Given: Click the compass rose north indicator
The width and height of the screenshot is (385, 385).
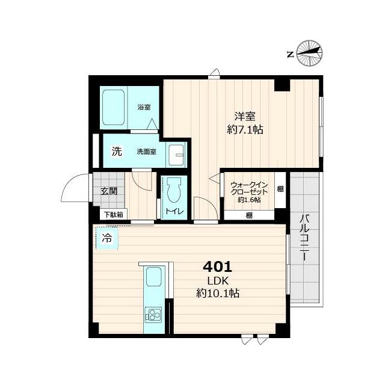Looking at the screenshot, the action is click(309, 53).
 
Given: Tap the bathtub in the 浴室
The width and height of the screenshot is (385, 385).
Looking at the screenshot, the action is click(114, 107).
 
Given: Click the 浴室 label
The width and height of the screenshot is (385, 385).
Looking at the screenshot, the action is click(144, 107).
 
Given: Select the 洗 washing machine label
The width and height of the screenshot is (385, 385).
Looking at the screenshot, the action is click(117, 151).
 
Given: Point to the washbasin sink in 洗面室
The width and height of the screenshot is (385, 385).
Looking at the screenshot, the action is click(176, 155).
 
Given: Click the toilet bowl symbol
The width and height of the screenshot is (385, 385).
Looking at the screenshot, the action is click(174, 190).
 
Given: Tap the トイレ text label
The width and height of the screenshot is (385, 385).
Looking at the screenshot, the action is click(174, 211).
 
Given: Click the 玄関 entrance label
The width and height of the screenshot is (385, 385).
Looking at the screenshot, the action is click(109, 191).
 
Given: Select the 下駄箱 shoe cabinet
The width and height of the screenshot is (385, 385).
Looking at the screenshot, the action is click(114, 214).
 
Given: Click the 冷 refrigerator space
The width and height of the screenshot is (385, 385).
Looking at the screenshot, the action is click(107, 238).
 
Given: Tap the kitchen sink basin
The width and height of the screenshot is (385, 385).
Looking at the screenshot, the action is click(154, 277).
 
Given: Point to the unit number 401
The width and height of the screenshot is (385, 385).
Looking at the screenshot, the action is click(218, 267).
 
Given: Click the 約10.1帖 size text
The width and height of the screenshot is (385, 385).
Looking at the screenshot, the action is click(218, 293).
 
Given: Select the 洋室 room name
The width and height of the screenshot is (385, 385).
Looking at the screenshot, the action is click(245, 116).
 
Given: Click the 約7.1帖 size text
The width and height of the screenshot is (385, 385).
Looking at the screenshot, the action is click(245, 129).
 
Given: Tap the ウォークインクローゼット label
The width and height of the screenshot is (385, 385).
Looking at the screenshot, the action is click(249, 188).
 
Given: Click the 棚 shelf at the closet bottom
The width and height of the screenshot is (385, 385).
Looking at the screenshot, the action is click(249, 215).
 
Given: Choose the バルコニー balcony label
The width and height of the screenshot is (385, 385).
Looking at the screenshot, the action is click(305, 238).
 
